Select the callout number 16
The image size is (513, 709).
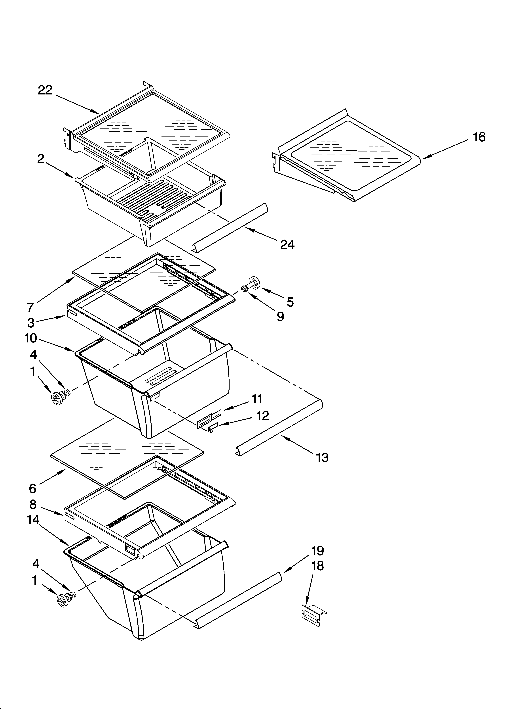click(479, 137)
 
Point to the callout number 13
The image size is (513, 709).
click(322, 458)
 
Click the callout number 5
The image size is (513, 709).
click(290, 302)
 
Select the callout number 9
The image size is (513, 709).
click(280, 317)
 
